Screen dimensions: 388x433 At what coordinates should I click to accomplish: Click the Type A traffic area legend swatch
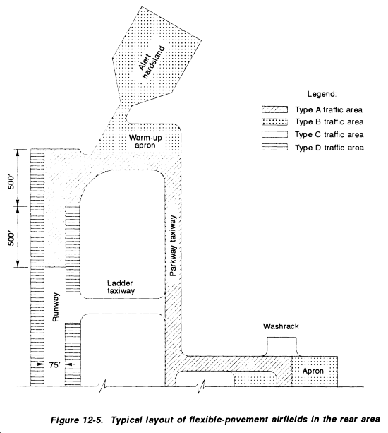[x=274, y=109]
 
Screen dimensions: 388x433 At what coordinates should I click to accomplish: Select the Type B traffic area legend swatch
[x=274, y=121]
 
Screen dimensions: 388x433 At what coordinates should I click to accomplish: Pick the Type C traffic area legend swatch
[x=274, y=134]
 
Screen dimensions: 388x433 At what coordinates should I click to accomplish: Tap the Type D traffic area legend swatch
[x=274, y=147]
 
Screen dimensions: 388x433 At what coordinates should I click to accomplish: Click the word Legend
[x=322, y=95]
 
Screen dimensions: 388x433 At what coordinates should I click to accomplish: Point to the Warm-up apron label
[x=145, y=141]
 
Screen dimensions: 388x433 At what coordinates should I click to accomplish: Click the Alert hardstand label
[x=151, y=62]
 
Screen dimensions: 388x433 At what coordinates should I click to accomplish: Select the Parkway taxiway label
[x=173, y=246]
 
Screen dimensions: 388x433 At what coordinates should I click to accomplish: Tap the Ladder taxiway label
[x=121, y=287]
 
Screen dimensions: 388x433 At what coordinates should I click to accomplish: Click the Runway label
[x=56, y=307]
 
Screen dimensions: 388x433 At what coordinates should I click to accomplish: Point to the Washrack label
[x=281, y=326]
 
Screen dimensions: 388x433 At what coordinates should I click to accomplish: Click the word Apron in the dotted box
[x=313, y=371]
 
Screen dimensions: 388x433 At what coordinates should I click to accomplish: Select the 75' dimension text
[x=54, y=365]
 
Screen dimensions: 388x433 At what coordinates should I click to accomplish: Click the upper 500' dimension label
[x=11, y=181]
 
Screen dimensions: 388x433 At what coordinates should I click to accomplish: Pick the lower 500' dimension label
[x=11, y=238]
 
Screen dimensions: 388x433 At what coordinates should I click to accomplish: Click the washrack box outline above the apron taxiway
[x=281, y=337]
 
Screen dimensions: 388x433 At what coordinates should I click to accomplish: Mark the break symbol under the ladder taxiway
[x=102, y=386]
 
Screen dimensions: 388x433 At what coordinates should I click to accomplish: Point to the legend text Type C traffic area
[x=329, y=134]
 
